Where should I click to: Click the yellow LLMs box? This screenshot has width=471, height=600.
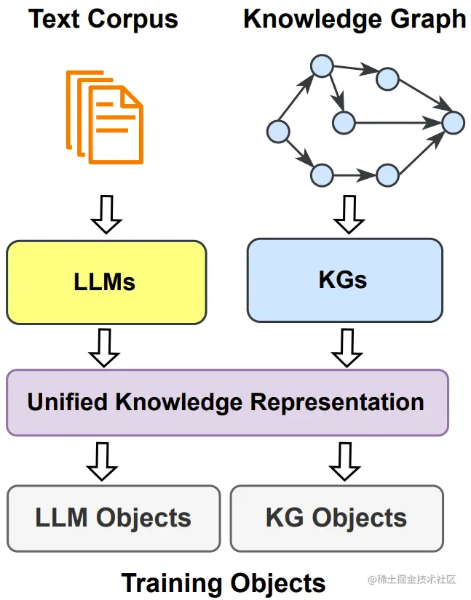[x=106, y=282]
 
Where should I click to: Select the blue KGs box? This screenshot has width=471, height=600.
[x=344, y=280]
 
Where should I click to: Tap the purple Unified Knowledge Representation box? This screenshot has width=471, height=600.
[x=226, y=402]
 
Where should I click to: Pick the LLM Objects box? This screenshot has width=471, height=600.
[x=114, y=518]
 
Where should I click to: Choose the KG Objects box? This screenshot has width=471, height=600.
[x=336, y=518]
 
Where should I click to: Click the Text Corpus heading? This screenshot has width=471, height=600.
[x=103, y=19]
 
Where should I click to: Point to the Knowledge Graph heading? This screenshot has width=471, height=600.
[x=355, y=19]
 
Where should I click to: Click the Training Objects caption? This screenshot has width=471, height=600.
[x=223, y=583]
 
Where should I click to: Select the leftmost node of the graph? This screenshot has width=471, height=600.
[x=278, y=131]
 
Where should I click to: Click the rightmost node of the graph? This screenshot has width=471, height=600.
[x=453, y=122]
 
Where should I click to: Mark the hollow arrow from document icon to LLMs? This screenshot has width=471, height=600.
[x=107, y=214]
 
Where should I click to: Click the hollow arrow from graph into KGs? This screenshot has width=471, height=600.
[x=349, y=214]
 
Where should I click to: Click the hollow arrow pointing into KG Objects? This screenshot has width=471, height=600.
[x=344, y=461]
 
